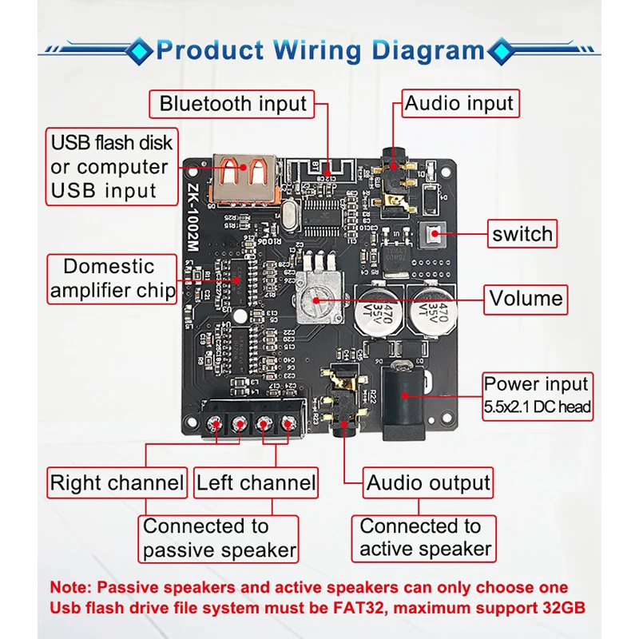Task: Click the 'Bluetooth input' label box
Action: click(232, 104)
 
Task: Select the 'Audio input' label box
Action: click(459, 104)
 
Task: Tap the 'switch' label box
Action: click(522, 234)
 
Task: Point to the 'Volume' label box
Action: click(526, 299)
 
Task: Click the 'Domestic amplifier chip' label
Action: click(113, 278)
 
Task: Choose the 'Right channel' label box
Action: click(117, 482)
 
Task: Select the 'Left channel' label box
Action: click(256, 482)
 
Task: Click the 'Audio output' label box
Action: click(428, 482)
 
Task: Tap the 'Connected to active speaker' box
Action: click(424, 538)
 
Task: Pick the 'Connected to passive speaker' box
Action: click(219, 538)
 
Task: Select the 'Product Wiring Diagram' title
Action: click(319, 50)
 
